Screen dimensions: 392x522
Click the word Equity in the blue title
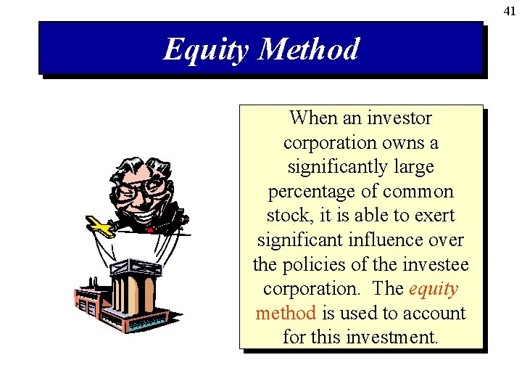[x=205, y=49]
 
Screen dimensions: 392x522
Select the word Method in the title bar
[x=308, y=49]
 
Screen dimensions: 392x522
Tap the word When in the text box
[x=314, y=118]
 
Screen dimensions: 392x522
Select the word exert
[x=434, y=216]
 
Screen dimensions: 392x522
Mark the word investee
[x=436, y=264]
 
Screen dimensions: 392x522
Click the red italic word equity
[x=434, y=288]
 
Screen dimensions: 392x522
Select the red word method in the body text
[x=286, y=313]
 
